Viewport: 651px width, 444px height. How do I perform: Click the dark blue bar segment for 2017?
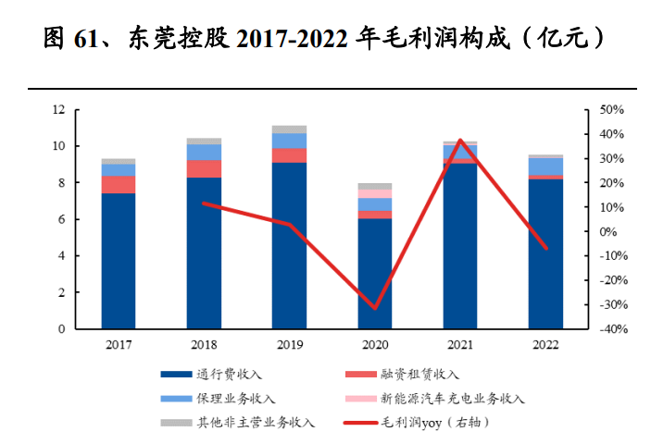pyautogui.click(x=119, y=261)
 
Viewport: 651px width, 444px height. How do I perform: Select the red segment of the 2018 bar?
pyautogui.click(x=204, y=168)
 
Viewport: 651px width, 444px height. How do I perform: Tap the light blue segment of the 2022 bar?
pyautogui.click(x=545, y=166)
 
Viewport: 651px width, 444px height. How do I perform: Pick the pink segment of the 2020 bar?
pyautogui.click(x=375, y=193)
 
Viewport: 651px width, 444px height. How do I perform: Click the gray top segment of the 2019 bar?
pyautogui.click(x=289, y=129)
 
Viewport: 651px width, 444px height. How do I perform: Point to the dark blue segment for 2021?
pyautogui.click(x=460, y=246)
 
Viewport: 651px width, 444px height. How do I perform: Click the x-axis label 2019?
pyautogui.click(x=289, y=344)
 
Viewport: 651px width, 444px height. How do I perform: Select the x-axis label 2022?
pyautogui.click(x=545, y=344)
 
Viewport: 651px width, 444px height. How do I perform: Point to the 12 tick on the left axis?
pyautogui.click(x=58, y=110)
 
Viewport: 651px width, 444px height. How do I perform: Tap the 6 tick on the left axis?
pyautogui.click(x=62, y=219)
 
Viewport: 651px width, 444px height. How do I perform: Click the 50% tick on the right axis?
pyautogui.click(x=612, y=110)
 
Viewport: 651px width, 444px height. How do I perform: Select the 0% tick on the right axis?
pyautogui.click(x=608, y=232)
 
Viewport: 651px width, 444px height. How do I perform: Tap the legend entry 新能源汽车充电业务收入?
pyautogui.click(x=452, y=399)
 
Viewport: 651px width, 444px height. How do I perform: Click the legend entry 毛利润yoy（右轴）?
pyautogui.click(x=433, y=423)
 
